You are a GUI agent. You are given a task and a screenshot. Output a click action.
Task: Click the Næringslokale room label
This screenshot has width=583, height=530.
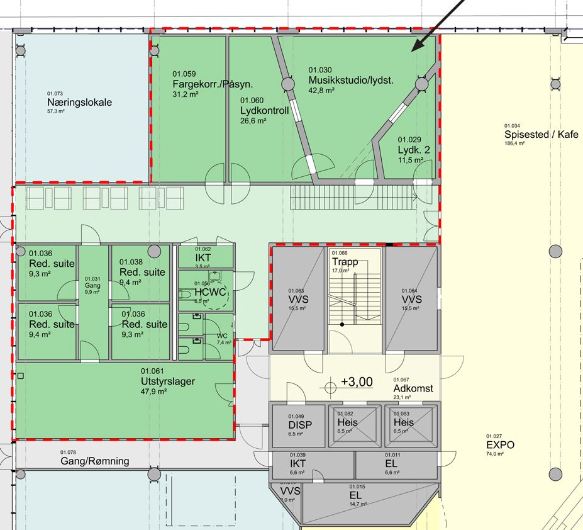pos(79,103)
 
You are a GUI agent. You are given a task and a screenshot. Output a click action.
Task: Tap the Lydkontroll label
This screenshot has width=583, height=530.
pos(264,111)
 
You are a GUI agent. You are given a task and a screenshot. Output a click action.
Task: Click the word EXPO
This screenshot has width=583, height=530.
pos(500,444)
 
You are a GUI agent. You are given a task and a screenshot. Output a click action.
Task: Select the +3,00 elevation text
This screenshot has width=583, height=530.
pos(357,381)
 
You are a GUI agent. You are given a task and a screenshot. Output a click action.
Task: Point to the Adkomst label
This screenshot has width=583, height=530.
pos(413,388)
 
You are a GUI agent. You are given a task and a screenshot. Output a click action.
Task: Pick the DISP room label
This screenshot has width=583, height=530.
pos(300,424)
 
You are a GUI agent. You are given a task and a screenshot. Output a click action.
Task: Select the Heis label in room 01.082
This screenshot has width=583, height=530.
pos(347,422)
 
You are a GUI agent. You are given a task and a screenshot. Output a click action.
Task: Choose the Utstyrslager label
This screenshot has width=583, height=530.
pos(168,381)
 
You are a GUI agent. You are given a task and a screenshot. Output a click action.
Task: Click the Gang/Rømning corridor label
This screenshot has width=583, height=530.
pos(95,461)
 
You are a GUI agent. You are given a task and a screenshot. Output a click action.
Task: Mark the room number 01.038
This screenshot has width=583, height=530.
pos(131,262)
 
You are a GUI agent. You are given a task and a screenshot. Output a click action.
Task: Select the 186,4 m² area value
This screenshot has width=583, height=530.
pos(514,144)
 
